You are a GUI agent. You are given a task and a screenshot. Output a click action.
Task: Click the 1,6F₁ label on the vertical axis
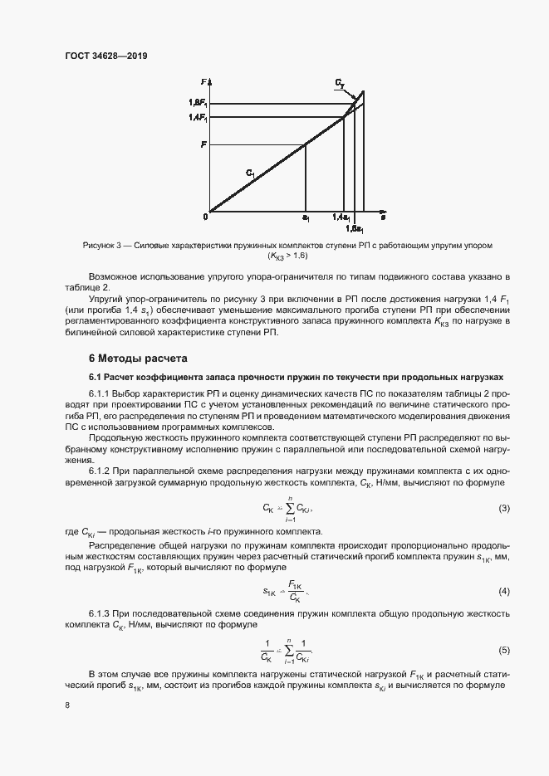tap(198, 103)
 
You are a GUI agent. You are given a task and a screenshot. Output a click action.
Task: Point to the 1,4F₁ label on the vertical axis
tap(198, 118)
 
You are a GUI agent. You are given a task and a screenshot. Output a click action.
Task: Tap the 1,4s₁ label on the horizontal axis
tap(341, 217)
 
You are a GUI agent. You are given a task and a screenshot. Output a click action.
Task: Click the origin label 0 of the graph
tap(204, 217)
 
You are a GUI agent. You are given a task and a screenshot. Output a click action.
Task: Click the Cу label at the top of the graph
tap(341, 84)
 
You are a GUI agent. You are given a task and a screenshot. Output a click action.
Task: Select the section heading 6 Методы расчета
tap(137, 359)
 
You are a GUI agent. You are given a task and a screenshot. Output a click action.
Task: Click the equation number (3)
tap(503, 508)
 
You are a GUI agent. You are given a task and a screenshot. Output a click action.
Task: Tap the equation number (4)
tap(503, 591)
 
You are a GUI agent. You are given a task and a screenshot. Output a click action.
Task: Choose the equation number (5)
tap(503, 651)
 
